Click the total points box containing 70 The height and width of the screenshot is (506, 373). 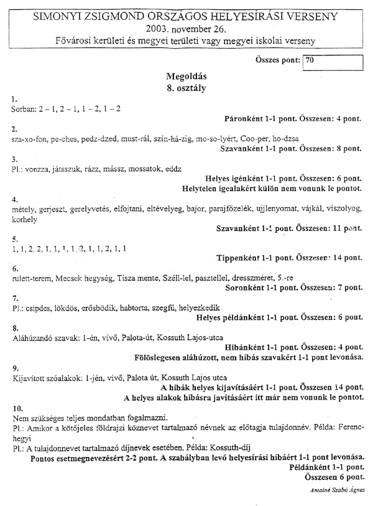(x=331, y=61)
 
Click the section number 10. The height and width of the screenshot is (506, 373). (x=17, y=408)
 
